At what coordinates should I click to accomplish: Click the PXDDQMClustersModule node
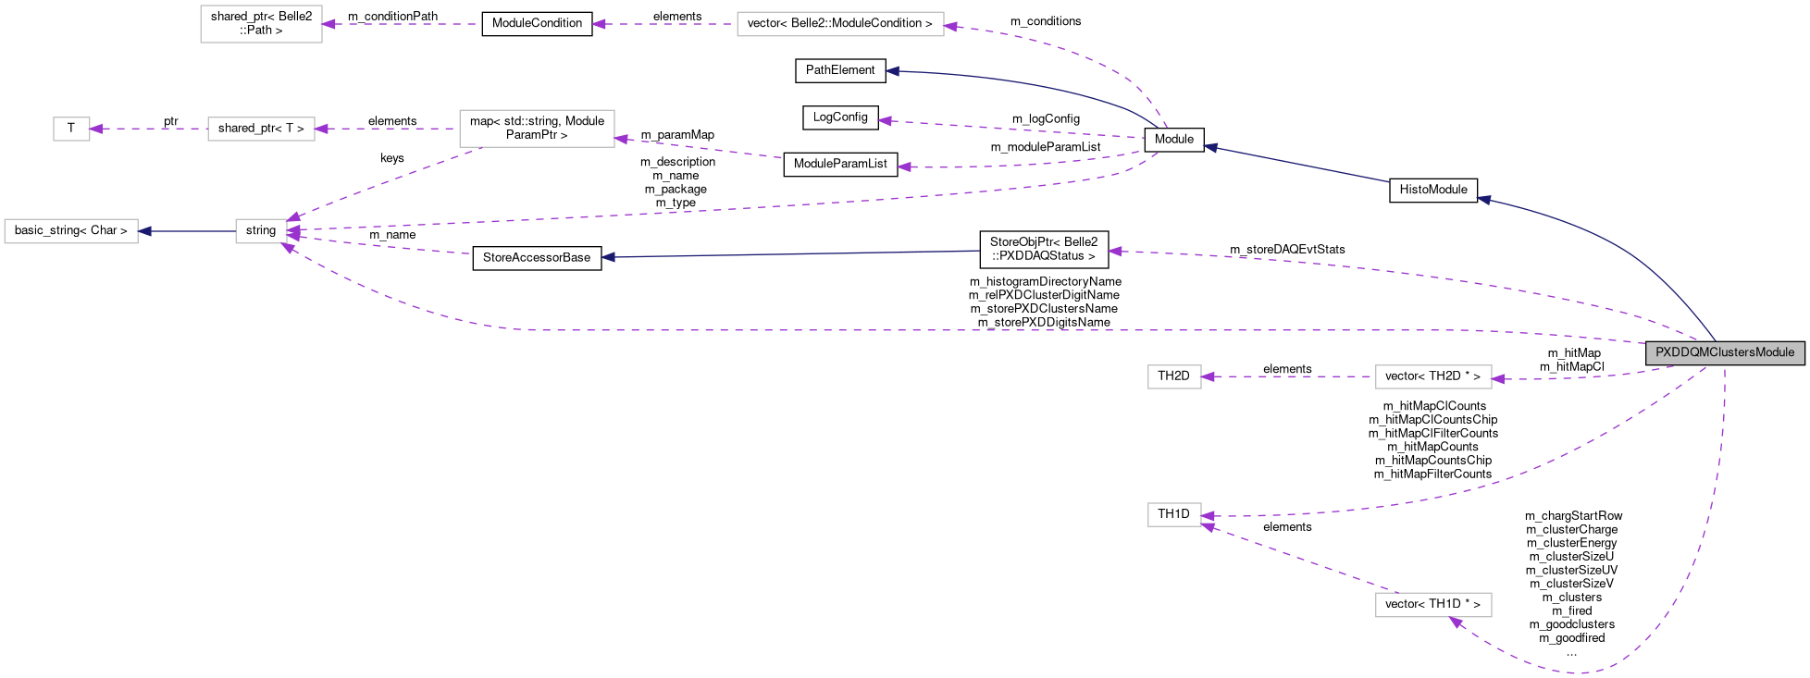pos(1724,352)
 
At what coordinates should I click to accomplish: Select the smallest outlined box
pos(71,129)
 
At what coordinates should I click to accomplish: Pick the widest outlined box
pos(840,24)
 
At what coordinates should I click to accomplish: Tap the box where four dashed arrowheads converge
pos(261,231)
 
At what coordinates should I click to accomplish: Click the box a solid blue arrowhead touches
pos(71,231)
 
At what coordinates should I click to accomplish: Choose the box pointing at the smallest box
pos(261,129)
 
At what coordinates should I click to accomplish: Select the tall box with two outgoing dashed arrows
pos(537,129)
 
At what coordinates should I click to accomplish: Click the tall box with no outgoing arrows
pos(261,24)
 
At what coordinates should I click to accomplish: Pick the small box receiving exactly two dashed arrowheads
pos(1174,515)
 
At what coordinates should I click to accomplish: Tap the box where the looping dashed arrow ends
pos(1433,605)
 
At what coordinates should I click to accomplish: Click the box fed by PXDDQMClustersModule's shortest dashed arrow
pos(1433,377)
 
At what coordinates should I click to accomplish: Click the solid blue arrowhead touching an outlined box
pos(145,231)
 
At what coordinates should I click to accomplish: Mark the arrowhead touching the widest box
pos(950,26)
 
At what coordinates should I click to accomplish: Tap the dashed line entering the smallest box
pos(148,129)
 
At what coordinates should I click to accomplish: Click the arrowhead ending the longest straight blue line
pos(608,257)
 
